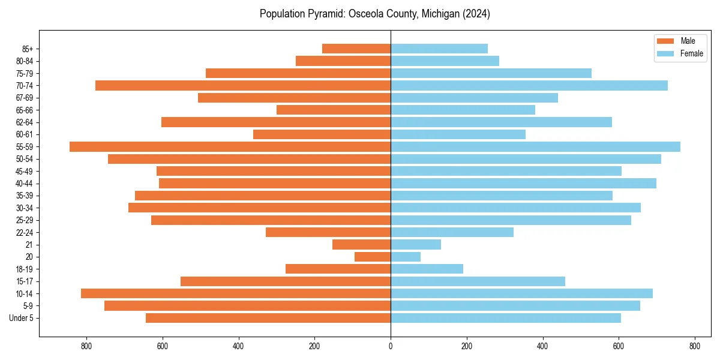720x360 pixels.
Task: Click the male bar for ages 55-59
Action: point(230,146)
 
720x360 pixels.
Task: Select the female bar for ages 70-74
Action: point(529,85)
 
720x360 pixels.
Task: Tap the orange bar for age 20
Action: point(373,257)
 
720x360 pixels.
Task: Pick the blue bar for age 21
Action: point(416,244)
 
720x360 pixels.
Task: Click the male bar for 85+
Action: point(356,49)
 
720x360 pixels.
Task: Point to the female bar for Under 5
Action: point(506,318)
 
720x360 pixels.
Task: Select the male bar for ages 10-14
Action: point(236,293)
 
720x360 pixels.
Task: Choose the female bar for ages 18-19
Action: point(427,269)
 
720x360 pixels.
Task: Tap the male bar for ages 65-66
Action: point(334,110)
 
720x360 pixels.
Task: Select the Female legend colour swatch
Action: point(665,53)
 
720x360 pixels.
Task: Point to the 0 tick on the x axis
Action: point(391,346)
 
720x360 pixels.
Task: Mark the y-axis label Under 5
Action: point(21,318)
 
